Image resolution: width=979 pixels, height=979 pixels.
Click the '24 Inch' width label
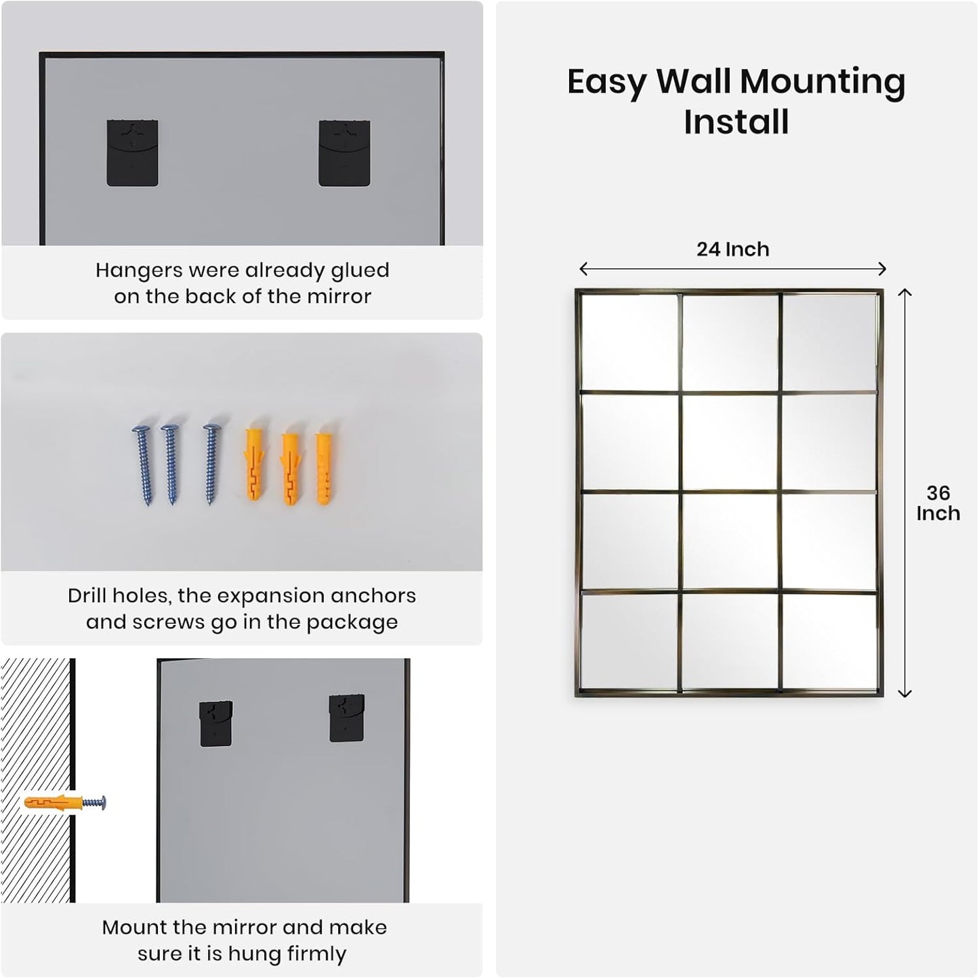point(732,249)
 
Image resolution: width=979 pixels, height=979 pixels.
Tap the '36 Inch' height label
point(938,503)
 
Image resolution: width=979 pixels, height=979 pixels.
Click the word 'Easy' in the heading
point(606,82)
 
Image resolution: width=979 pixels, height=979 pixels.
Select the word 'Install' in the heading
point(736,122)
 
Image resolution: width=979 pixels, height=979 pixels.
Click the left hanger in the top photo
point(132,153)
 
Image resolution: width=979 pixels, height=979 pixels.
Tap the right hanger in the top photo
point(344,153)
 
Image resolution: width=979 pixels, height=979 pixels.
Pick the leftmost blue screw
point(144,464)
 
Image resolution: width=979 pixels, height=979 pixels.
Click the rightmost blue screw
point(211,464)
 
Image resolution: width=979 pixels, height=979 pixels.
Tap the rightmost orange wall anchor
point(325,468)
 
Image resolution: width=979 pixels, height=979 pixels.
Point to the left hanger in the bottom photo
point(215,723)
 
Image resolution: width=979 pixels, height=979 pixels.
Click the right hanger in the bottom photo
point(346,718)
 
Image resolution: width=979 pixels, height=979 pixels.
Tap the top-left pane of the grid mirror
point(629,342)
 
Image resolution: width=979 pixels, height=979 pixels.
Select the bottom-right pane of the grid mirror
point(830,641)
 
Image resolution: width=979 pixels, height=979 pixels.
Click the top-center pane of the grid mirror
point(730,342)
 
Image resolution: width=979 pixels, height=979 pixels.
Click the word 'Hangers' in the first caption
point(139,271)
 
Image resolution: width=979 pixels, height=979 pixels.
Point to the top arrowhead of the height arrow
point(904,292)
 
